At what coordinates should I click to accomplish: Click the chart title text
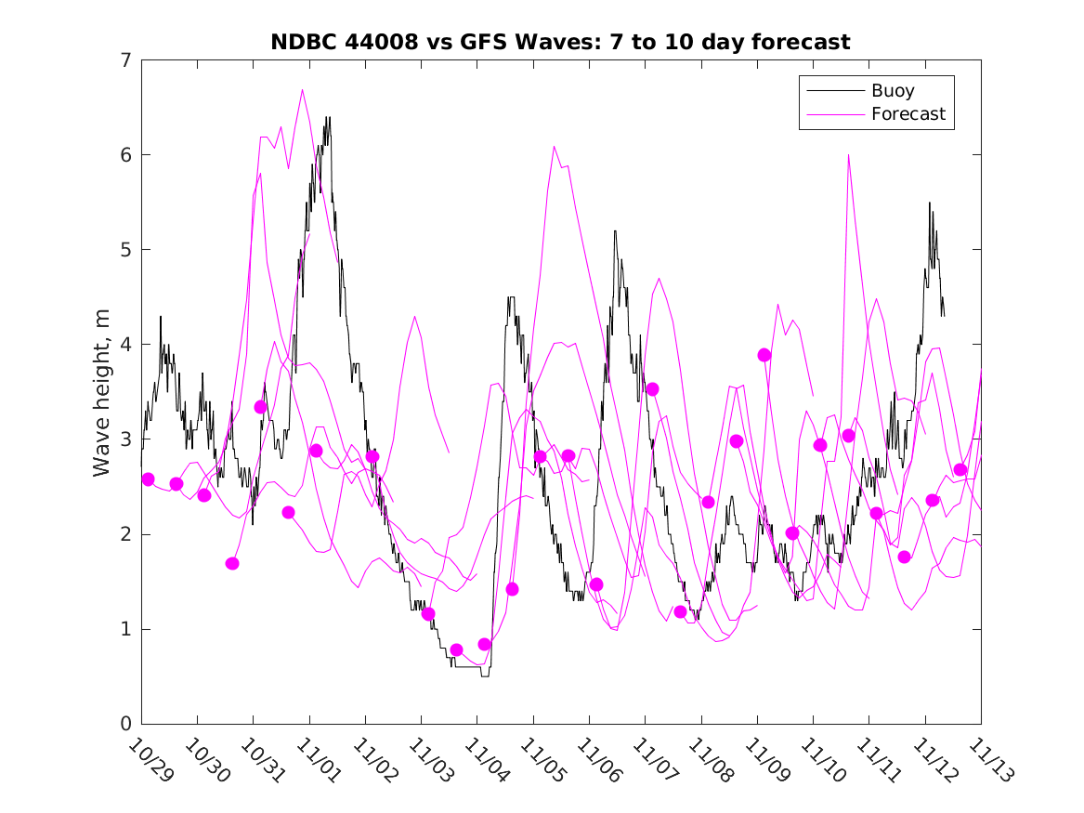pyautogui.click(x=560, y=42)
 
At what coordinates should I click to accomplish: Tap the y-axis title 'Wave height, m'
pyautogui.click(x=102, y=392)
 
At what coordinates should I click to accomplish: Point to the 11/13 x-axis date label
pyautogui.click(x=989, y=760)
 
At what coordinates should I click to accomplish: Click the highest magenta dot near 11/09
pyautogui.click(x=764, y=355)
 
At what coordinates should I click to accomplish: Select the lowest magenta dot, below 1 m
pyautogui.click(x=456, y=649)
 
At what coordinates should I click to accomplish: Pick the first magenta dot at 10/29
pyautogui.click(x=148, y=479)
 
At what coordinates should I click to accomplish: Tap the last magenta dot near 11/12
pyautogui.click(x=960, y=469)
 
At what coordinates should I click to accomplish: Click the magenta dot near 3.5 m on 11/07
pyautogui.click(x=652, y=388)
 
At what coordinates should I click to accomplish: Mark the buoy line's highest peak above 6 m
pyautogui.click(x=327, y=118)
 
